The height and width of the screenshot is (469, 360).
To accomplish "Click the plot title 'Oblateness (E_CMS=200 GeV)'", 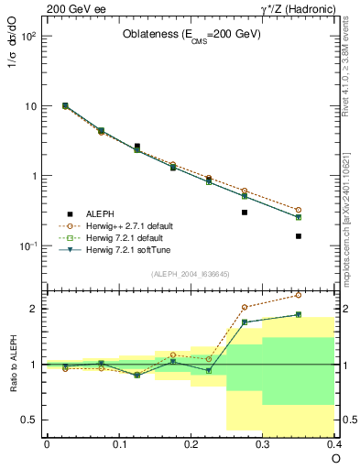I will [x=191, y=35].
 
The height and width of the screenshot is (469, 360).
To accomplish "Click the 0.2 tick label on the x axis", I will [x=191, y=442].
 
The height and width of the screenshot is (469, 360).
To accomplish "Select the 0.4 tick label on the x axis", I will [x=333, y=442].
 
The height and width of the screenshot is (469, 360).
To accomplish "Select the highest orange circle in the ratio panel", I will [x=298, y=295].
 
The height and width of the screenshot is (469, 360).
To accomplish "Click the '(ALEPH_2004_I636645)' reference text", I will [x=190, y=274].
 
